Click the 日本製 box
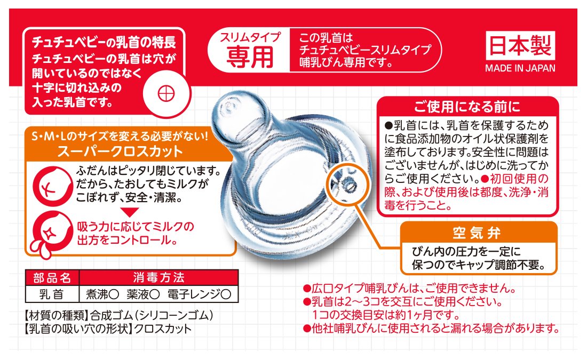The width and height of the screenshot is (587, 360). click(520, 46)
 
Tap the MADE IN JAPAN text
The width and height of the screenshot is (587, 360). click(520, 68)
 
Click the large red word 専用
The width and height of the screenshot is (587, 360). click(250, 57)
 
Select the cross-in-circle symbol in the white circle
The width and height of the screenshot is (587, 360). click(166, 93)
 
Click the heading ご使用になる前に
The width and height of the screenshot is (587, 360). click(467, 107)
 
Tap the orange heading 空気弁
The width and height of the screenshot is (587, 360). click(477, 233)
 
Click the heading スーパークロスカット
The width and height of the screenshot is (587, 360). click(120, 151)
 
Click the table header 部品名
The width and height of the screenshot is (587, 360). click(52, 278)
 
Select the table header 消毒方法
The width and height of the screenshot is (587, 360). click(158, 278)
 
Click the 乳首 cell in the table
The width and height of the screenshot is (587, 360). click(52, 294)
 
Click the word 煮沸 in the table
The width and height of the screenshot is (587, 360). click(97, 294)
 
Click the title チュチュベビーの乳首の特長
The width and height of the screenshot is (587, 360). click(104, 42)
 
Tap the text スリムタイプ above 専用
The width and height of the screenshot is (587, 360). click(250, 37)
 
